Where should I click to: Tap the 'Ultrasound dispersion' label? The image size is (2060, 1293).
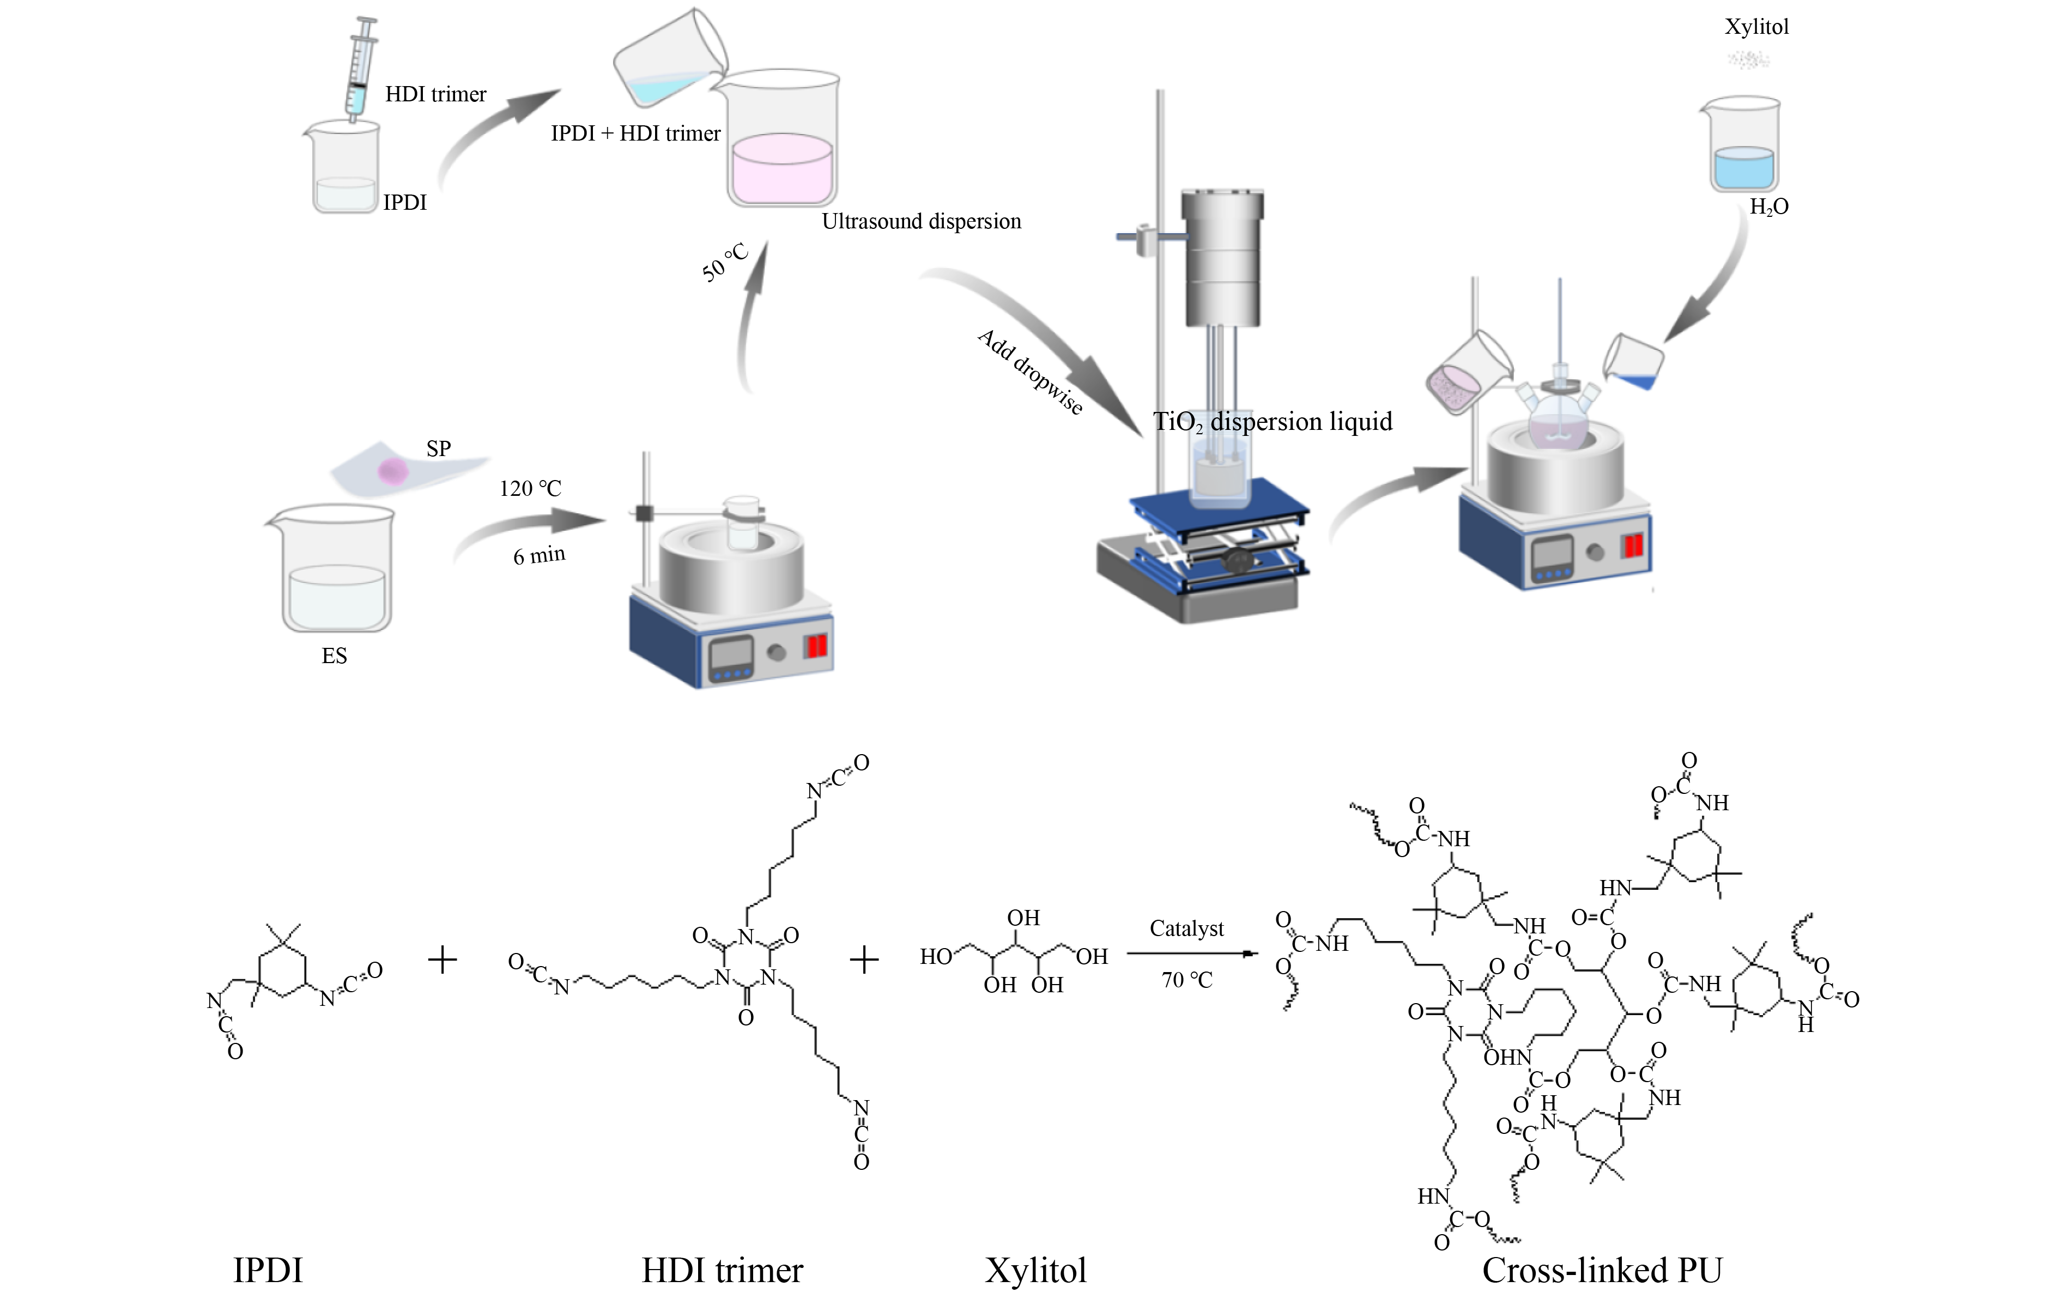[x=921, y=221]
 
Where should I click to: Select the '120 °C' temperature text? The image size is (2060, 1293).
[x=530, y=488]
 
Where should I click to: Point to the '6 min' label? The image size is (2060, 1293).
[x=539, y=556]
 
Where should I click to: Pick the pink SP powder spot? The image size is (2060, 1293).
[x=393, y=470]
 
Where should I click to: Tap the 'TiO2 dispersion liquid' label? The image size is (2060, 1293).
[x=1273, y=422]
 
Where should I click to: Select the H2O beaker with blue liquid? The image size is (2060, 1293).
[x=1742, y=145]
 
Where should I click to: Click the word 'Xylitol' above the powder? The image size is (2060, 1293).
[x=1756, y=27]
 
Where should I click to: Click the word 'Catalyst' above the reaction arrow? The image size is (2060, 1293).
[x=1186, y=928]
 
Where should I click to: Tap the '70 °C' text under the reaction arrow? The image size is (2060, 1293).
[x=1186, y=980]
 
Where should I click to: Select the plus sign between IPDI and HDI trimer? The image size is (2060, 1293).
[x=442, y=960]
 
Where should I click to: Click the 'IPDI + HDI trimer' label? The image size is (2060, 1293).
[x=635, y=133]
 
